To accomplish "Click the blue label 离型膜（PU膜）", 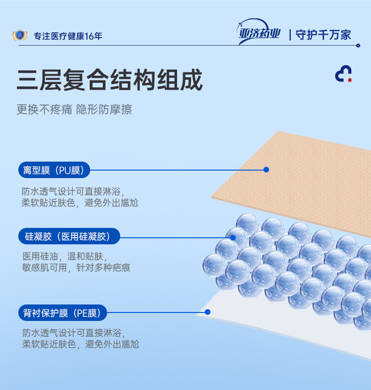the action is click(54, 170).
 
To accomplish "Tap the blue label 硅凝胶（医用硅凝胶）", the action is click(69, 236).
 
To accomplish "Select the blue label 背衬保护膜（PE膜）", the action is click(62, 312).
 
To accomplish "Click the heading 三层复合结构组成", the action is click(109, 80).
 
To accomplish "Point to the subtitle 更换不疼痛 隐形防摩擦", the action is click(74, 109).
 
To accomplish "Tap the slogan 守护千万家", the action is click(323, 35).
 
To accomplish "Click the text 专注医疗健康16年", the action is click(68, 36).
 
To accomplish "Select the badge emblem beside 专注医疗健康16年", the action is click(20, 35).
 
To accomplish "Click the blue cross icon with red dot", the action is click(343, 74).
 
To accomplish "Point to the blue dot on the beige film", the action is click(266, 170).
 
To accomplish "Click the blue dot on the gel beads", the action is click(233, 237).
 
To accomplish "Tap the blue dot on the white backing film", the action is click(208, 312).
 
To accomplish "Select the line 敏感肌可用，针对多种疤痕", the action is click(76, 268).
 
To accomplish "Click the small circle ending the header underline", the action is click(358, 46).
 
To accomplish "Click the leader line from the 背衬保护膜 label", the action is click(155, 312).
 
